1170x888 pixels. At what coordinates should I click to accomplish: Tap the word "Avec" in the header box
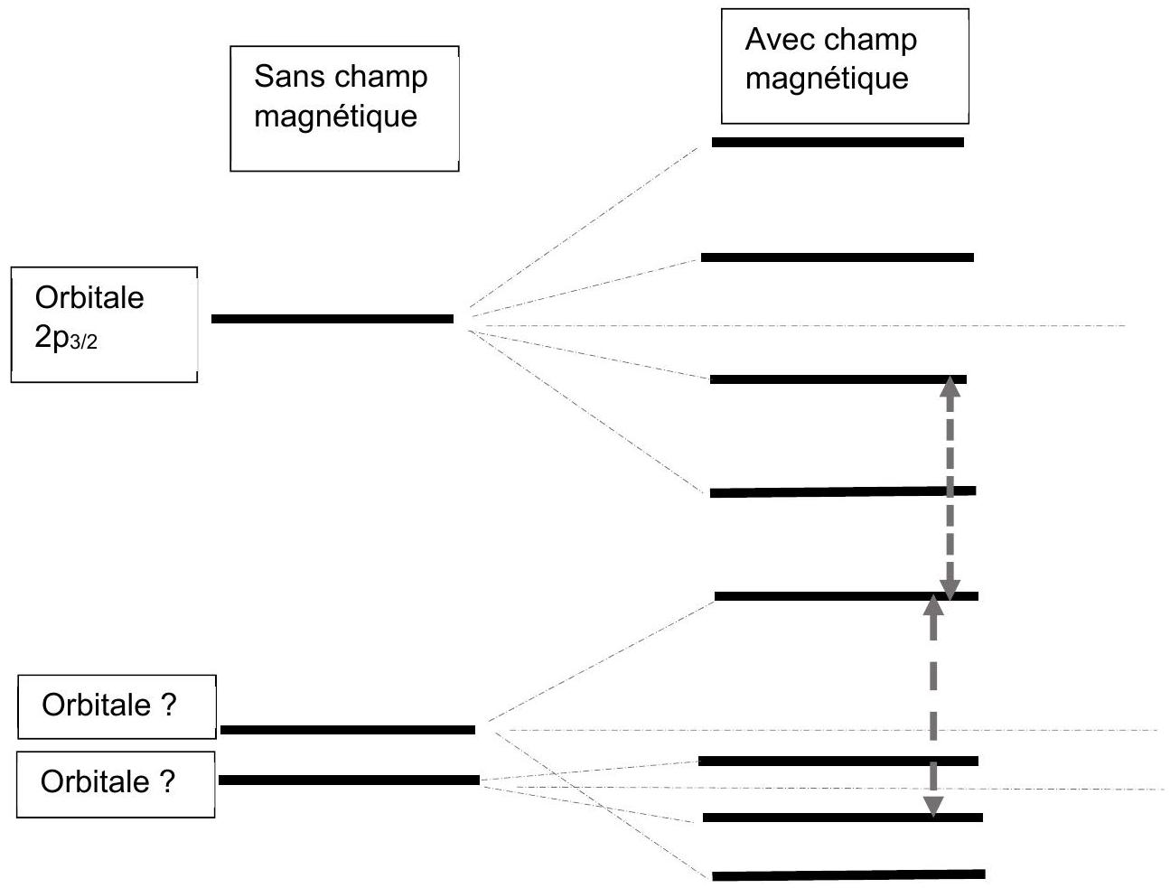pos(776,40)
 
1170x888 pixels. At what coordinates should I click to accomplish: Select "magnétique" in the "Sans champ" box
pos(335,117)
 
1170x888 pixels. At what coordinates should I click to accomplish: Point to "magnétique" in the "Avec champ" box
pos(827,79)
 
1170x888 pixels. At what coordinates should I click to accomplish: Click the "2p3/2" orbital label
pos(66,338)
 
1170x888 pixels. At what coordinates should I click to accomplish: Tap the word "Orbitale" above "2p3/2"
pos(89,297)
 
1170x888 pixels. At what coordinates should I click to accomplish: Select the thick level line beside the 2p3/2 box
pos(332,319)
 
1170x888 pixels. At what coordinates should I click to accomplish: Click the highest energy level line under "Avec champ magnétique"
pos(838,143)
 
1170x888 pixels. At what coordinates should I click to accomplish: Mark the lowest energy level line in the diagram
pos(848,875)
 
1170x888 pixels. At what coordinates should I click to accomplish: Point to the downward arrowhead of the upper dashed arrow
pos(950,590)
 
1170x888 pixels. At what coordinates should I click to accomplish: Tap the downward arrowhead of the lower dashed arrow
pos(932,807)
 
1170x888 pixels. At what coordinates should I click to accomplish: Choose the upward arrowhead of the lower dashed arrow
pos(932,604)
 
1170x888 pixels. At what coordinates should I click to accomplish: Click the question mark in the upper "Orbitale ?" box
pos(167,704)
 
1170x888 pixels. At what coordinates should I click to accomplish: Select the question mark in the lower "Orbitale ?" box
pos(166,781)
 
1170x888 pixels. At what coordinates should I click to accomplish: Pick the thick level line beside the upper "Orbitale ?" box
pos(348,730)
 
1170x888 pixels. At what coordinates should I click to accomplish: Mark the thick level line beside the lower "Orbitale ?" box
pos(349,780)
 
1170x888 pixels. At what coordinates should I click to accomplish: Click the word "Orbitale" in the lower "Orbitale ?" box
pos(95,781)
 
